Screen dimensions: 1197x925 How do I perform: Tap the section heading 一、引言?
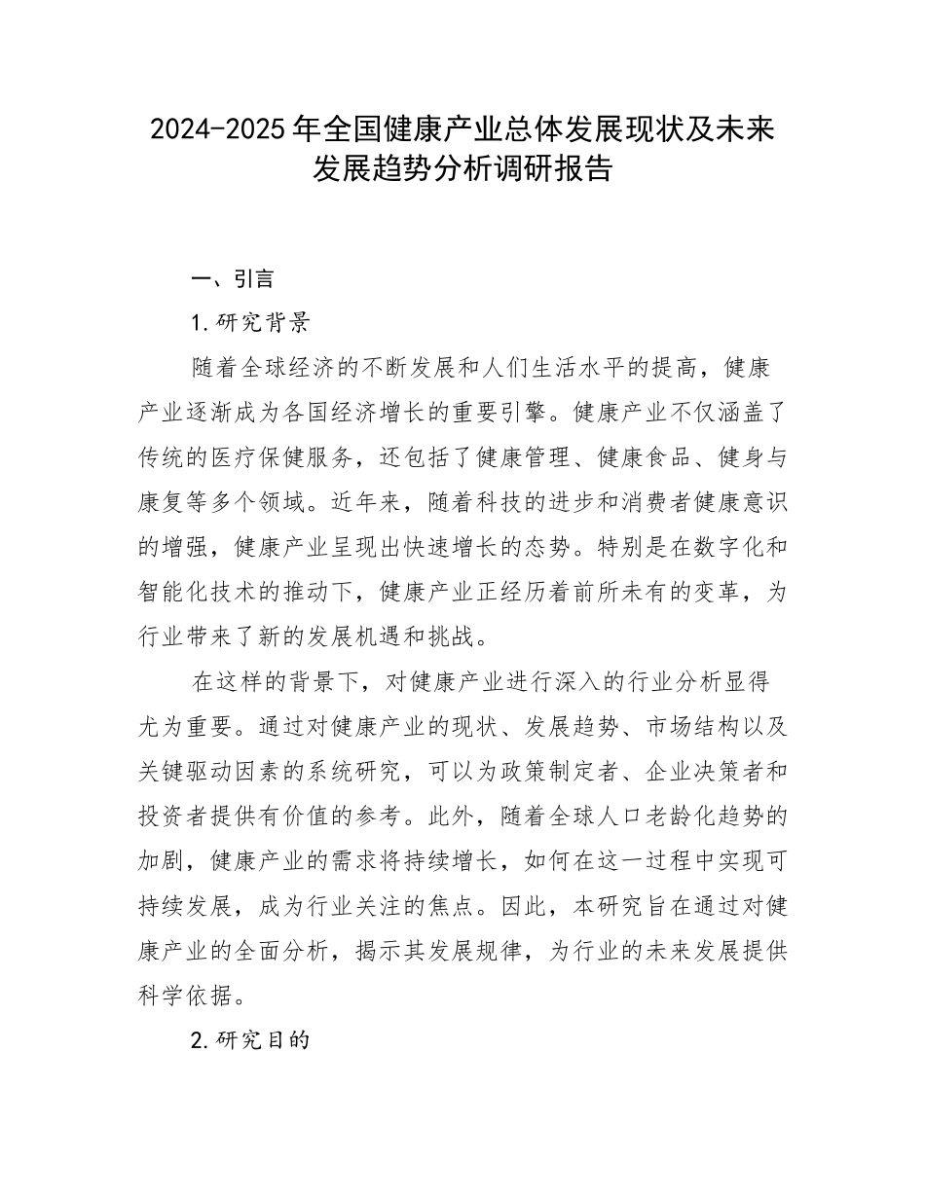click(233, 279)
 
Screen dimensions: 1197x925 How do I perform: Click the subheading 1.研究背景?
click(251, 323)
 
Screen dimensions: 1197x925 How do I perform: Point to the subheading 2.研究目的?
click(251, 1040)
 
